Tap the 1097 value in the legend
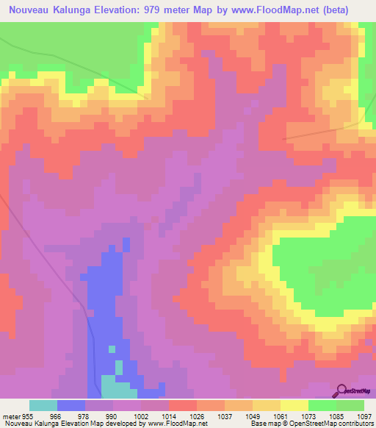[365, 415]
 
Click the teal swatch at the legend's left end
[43, 405]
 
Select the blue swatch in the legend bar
[71, 405]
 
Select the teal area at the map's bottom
[117, 386]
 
